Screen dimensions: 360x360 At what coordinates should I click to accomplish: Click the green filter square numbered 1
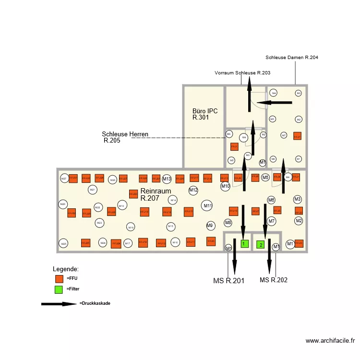click(x=245, y=244)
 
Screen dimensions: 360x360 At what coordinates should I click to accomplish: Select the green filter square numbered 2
click(x=261, y=244)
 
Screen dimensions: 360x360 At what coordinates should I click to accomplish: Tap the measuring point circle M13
click(x=167, y=179)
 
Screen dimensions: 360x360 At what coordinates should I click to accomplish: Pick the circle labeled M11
click(x=207, y=206)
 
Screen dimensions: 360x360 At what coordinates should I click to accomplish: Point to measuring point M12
click(x=193, y=191)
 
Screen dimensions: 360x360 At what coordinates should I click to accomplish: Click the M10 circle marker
click(x=225, y=186)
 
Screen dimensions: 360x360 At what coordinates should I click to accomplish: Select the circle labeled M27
click(x=64, y=179)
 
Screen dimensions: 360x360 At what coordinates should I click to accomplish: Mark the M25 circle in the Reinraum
click(x=63, y=244)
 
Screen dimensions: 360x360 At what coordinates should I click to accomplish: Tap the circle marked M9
click(x=210, y=226)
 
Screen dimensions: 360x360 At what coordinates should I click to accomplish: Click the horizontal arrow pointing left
click(x=274, y=102)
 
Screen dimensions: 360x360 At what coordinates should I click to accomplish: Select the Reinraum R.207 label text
click(x=156, y=194)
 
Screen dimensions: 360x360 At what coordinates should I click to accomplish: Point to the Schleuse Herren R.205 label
click(x=124, y=137)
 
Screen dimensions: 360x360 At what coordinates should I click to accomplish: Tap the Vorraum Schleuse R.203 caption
click(x=242, y=73)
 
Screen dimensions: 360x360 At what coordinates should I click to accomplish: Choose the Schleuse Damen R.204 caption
click(x=292, y=58)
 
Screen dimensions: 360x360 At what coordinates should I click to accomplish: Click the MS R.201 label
click(x=228, y=281)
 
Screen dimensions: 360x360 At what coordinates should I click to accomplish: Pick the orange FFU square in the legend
click(x=59, y=278)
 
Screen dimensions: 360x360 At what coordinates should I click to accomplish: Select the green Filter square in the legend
click(x=59, y=289)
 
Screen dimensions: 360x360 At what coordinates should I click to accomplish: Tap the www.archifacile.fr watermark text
click(x=330, y=341)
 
